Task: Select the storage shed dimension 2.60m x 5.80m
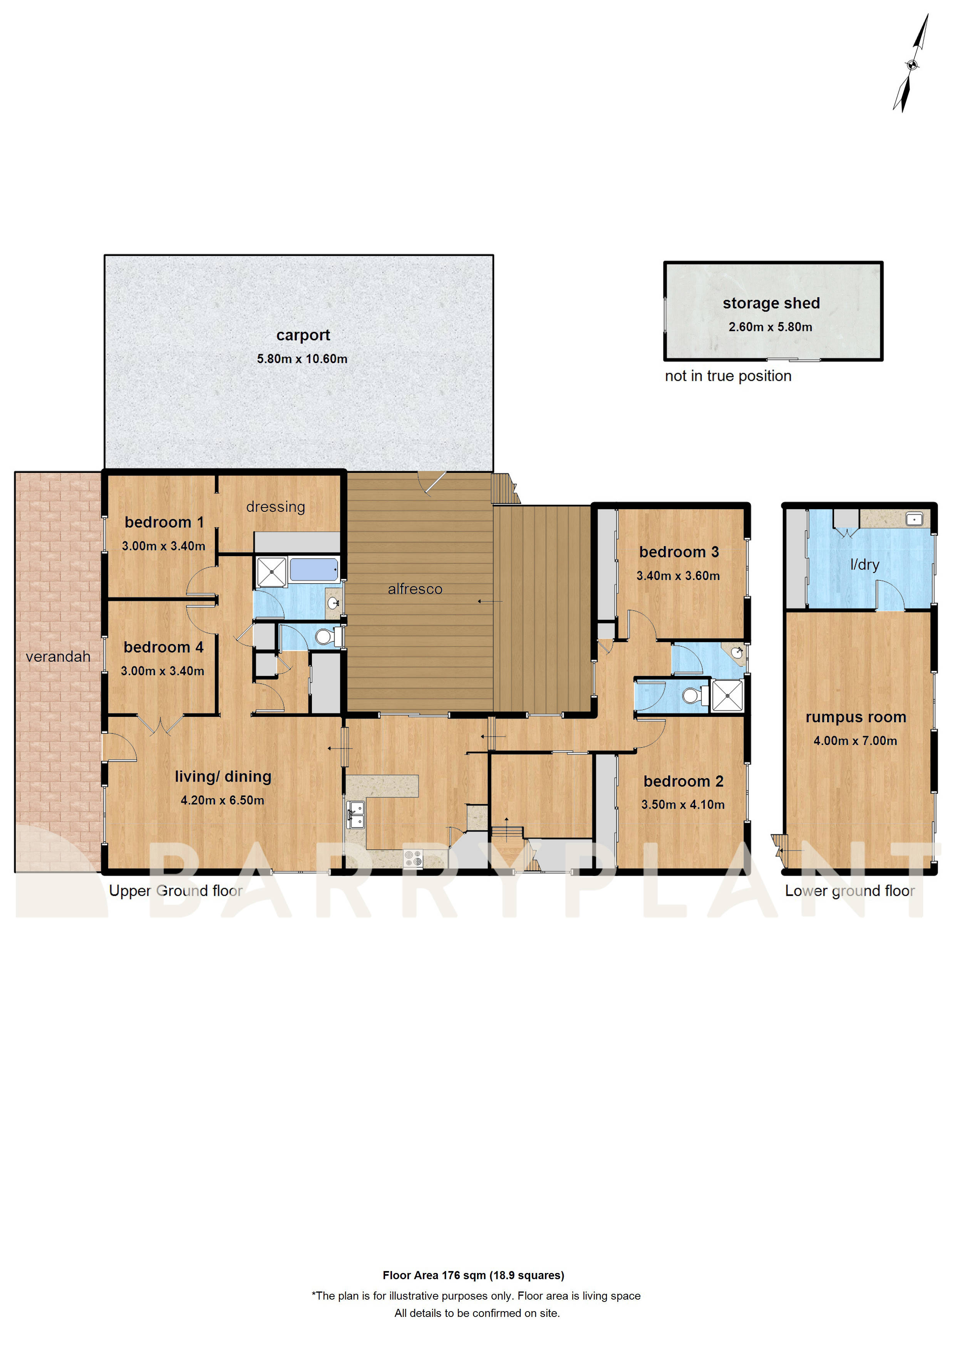tap(770, 327)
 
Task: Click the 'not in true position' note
tap(728, 376)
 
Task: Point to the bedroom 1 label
tap(164, 522)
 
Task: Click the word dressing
tap(275, 507)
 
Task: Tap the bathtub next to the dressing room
tap(313, 570)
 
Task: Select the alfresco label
tap(415, 589)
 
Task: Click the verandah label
tap(58, 657)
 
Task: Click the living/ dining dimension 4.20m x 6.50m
tap(223, 800)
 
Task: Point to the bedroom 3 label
tap(679, 552)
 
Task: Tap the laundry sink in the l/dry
tap(914, 519)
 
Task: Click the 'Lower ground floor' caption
tap(849, 891)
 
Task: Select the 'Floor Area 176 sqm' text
tap(473, 1275)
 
